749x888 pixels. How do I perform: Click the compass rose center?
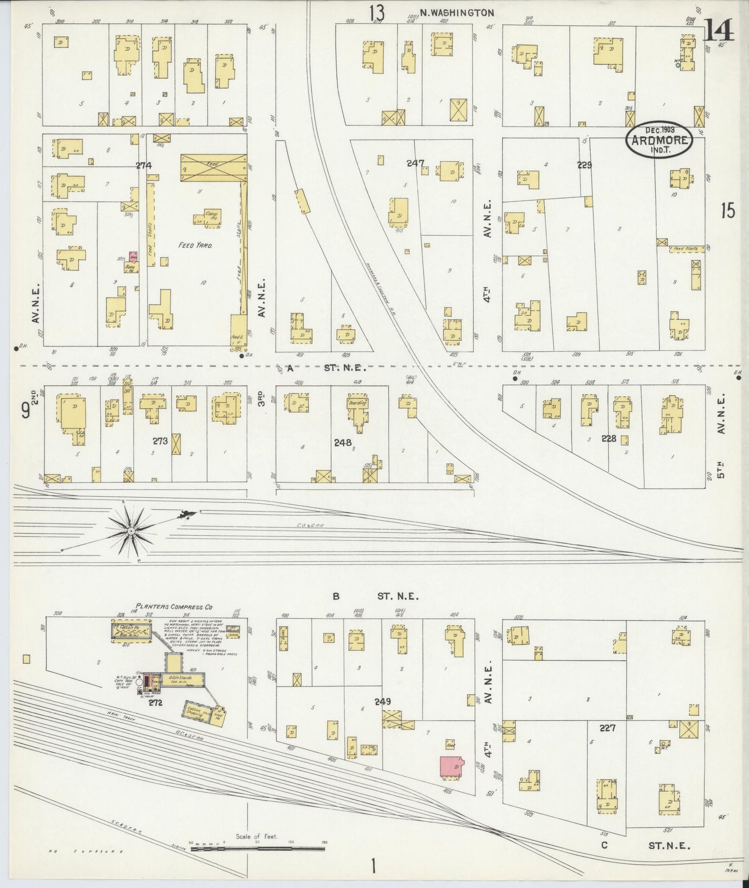click(132, 532)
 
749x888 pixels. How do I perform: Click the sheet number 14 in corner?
click(719, 31)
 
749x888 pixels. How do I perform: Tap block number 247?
click(416, 163)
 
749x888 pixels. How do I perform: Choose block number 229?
click(585, 165)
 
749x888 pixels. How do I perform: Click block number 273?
click(160, 441)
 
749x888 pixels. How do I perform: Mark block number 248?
click(343, 442)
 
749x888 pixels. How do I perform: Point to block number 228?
click(609, 438)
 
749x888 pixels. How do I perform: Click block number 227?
click(607, 728)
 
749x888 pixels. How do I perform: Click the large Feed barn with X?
click(213, 167)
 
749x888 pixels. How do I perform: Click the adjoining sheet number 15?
click(728, 211)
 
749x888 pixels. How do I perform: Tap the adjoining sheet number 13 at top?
click(377, 13)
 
